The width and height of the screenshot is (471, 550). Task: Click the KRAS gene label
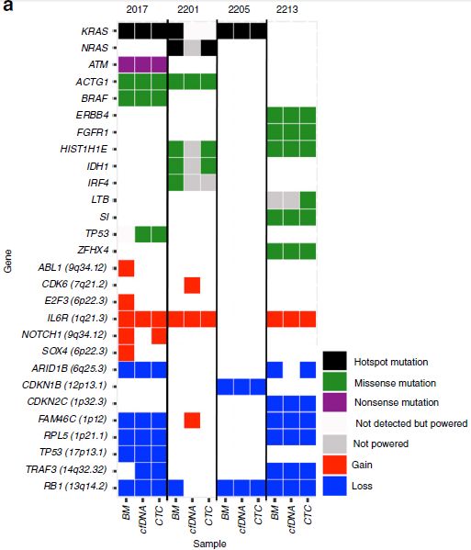[x=95, y=31]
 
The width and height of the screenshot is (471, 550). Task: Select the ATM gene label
[x=98, y=64]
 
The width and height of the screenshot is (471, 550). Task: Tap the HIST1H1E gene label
[x=84, y=149]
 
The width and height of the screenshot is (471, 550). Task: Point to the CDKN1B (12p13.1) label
[x=64, y=385]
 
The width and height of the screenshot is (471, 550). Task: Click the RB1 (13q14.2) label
[x=75, y=487]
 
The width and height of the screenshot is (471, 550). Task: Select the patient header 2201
[x=188, y=9]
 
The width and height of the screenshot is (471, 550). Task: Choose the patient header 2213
[x=286, y=9]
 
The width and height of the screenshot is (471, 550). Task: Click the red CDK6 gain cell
[x=192, y=286]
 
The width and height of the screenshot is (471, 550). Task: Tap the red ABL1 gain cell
[x=127, y=268]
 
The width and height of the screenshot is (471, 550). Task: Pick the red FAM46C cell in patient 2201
[x=192, y=421]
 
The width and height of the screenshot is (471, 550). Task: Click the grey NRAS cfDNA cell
[x=192, y=48]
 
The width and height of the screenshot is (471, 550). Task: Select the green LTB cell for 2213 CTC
[x=308, y=200]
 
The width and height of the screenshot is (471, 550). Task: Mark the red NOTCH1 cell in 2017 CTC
[x=159, y=336]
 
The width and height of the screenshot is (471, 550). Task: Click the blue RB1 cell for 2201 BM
[x=175, y=488]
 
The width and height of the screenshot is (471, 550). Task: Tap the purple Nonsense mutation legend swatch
[x=334, y=402]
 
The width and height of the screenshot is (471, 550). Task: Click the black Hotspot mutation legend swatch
[x=334, y=361]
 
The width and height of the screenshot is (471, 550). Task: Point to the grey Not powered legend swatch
[x=334, y=443]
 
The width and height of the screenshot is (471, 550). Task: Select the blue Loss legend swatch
[x=334, y=486]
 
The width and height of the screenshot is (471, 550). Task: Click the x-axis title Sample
[x=209, y=544]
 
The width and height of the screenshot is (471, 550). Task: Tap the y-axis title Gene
[x=7, y=261]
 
